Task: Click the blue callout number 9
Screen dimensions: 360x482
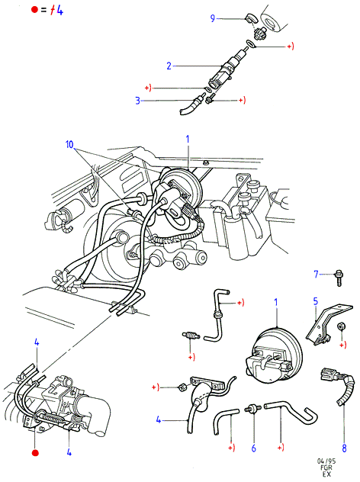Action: [213, 18]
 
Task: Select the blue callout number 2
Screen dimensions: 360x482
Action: [169, 66]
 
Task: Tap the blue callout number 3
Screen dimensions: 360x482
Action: [138, 101]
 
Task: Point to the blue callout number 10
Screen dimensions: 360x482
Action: [69, 144]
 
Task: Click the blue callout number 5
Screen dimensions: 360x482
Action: [316, 301]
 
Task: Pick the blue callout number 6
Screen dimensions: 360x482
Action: [254, 448]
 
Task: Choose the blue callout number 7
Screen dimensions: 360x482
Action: [316, 274]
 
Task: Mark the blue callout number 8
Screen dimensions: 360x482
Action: [344, 448]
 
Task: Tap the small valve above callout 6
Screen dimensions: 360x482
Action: [253, 409]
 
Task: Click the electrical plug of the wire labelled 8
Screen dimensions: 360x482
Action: [327, 374]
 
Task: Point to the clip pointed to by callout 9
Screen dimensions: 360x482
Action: [250, 18]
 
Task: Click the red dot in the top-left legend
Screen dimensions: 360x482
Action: [34, 9]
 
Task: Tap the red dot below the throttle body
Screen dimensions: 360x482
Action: [35, 453]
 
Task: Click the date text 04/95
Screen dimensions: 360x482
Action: [326, 461]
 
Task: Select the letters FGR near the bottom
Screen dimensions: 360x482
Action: [326, 468]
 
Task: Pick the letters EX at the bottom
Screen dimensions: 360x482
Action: [326, 474]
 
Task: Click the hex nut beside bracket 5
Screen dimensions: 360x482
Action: [341, 326]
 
